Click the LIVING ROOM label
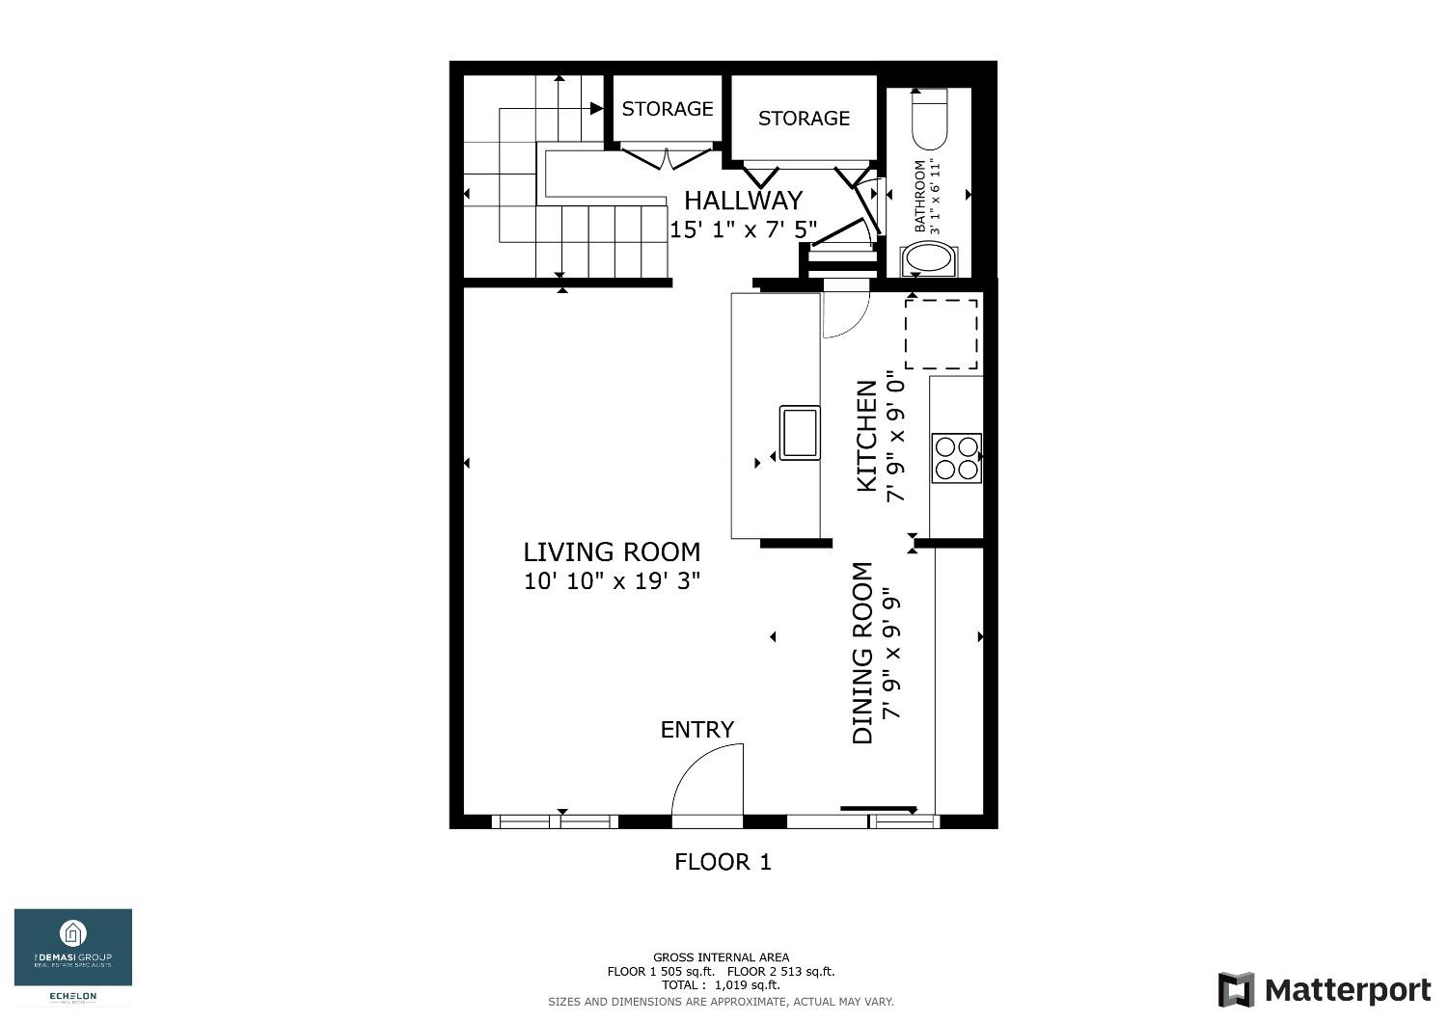(612, 552)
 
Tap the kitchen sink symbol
(800, 433)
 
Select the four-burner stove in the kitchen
(956, 458)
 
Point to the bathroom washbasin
(929, 260)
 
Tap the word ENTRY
(696, 730)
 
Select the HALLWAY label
(743, 201)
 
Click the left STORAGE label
(667, 109)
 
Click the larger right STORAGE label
(804, 119)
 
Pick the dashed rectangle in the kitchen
(942, 334)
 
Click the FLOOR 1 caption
(723, 862)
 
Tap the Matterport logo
(1324, 990)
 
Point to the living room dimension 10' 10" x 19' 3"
(612, 581)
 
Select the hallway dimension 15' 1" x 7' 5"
(743, 229)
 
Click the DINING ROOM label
(862, 653)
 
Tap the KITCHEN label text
(867, 436)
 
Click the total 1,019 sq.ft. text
(721, 985)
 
